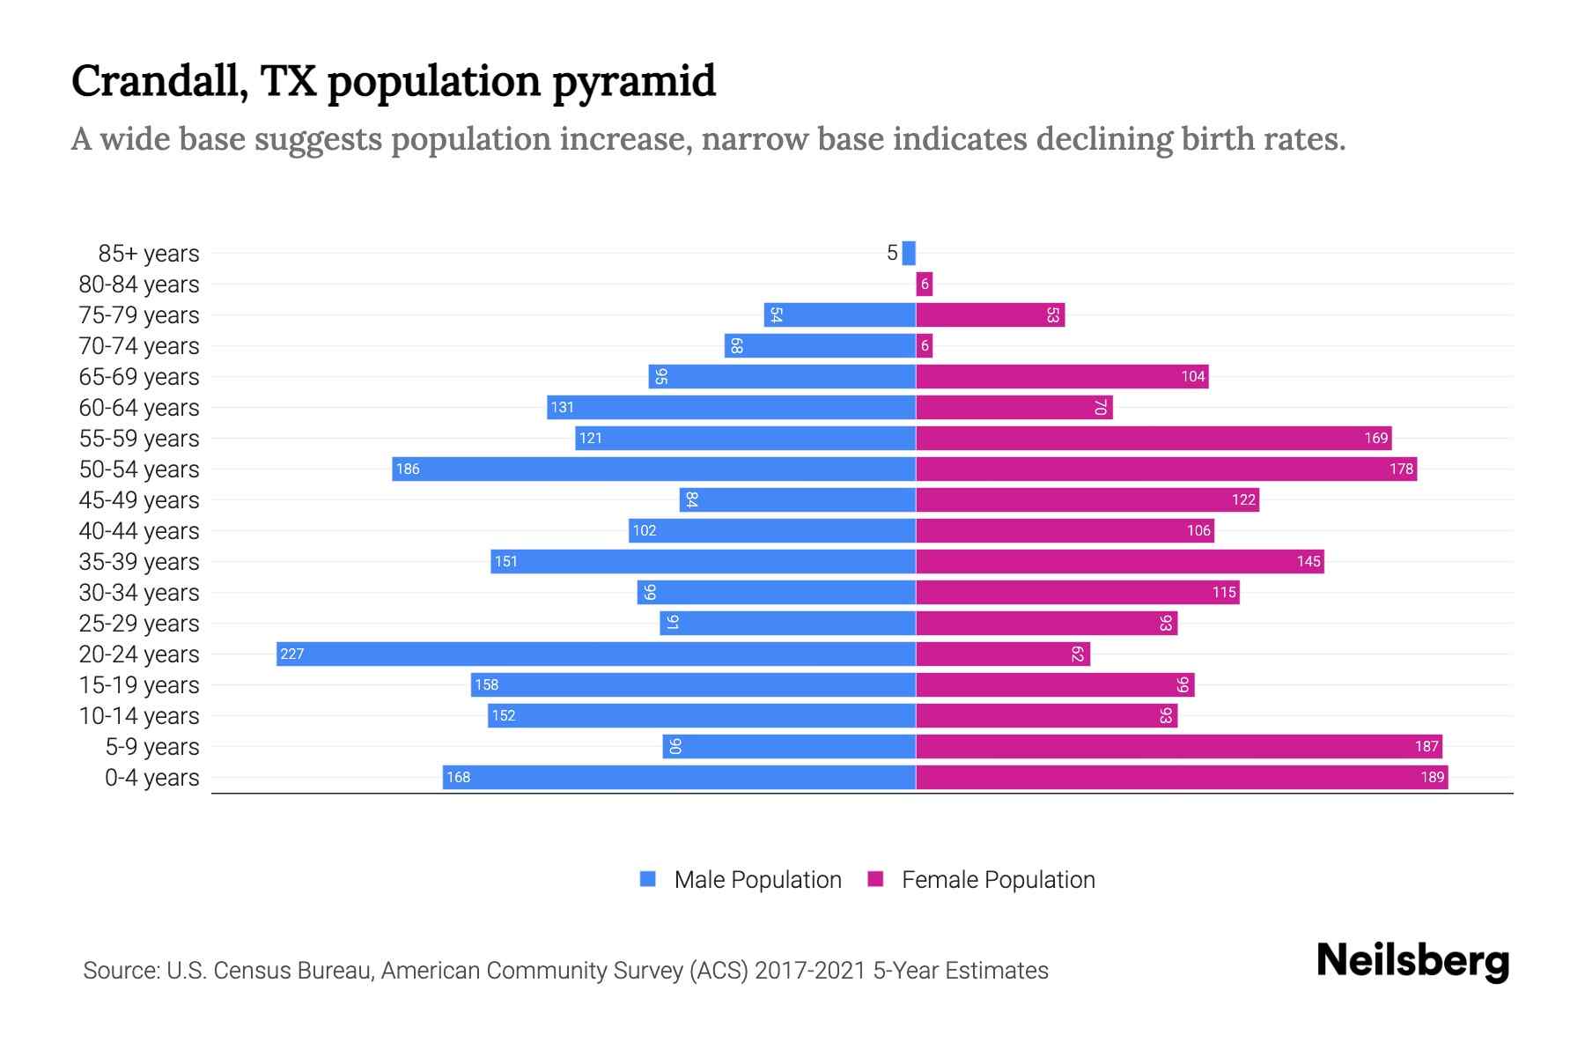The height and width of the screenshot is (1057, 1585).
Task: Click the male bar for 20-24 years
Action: coord(595,654)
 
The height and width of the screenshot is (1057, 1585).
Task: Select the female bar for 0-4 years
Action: coord(1182,777)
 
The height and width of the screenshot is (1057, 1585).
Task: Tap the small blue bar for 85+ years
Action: coord(909,253)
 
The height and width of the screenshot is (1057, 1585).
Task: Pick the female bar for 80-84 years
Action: coord(924,284)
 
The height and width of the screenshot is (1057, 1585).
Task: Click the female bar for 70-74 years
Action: coord(924,345)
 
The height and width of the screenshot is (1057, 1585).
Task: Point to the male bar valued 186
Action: coord(653,469)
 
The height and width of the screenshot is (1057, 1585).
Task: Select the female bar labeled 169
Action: coord(1154,438)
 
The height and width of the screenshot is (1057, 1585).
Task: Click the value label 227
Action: coord(291,654)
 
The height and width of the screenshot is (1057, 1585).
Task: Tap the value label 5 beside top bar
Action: coord(891,254)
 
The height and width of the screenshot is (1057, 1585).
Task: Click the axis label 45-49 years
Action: coord(139,500)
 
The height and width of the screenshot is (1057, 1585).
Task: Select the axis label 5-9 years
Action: coord(152,747)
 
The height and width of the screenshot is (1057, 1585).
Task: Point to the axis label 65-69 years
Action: coord(139,377)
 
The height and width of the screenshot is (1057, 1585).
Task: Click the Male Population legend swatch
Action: coord(648,879)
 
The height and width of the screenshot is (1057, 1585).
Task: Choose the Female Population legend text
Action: coord(998,880)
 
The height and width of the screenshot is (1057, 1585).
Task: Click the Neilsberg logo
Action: coord(1412,961)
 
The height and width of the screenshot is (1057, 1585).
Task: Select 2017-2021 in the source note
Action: coord(810,971)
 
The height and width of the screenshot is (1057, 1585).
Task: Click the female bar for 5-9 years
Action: coord(1178,746)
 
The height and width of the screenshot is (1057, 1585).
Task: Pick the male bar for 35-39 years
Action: coord(703,561)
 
